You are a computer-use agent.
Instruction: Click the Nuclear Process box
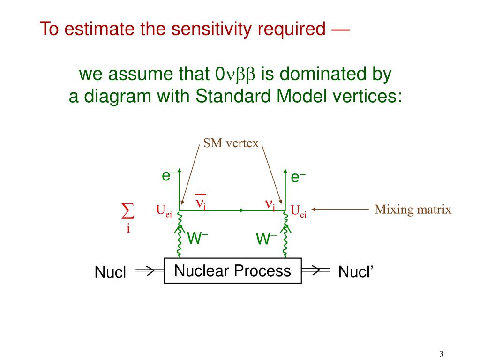coord(232,271)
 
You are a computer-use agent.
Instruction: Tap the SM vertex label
coord(231,143)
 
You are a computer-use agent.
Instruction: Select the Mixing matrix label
coord(412,210)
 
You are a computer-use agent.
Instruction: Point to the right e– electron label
coord(298,177)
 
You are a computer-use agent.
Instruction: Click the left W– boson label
coord(197,238)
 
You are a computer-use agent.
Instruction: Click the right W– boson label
coord(266,239)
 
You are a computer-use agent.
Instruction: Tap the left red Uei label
coord(164,211)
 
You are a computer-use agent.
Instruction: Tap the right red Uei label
coord(298,211)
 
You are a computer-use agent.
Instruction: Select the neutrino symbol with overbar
coord(201,202)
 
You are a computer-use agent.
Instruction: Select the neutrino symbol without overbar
coord(270,204)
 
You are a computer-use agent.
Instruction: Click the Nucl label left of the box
coord(110,272)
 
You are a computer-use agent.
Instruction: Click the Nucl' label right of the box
coord(355,272)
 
